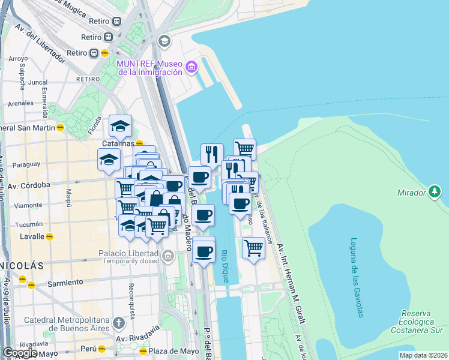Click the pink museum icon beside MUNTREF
tap(191, 67)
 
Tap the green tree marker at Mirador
tap(435, 193)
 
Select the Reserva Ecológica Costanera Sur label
tap(417, 321)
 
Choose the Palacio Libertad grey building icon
tap(167, 257)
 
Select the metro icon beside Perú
tap(103, 349)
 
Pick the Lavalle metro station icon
tap(50, 236)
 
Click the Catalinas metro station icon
tap(139, 144)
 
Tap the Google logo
tap(20, 353)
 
